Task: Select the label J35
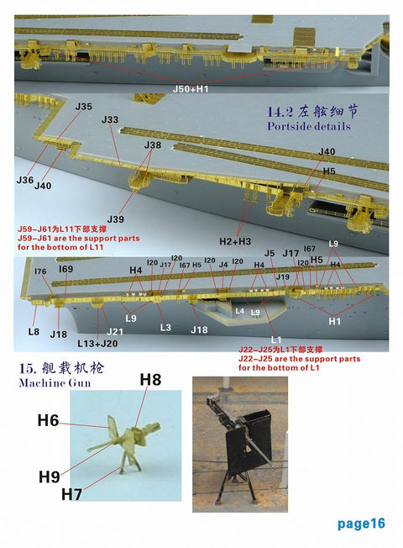tap(83, 107)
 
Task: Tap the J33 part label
tap(110, 120)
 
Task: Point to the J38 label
tap(152, 145)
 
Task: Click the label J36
tap(24, 180)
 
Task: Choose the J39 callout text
tap(116, 219)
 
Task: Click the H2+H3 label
tap(235, 241)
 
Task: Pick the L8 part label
tap(34, 332)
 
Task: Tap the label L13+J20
tap(97, 344)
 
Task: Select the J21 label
tap(116, 332)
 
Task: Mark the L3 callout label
tap(165, 327)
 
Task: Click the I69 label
tap(65, 269)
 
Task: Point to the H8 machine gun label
tap(150, 379)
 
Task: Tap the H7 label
tap(73, 493)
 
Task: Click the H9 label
tap(50, 477)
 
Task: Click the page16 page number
tap(361, 524)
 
